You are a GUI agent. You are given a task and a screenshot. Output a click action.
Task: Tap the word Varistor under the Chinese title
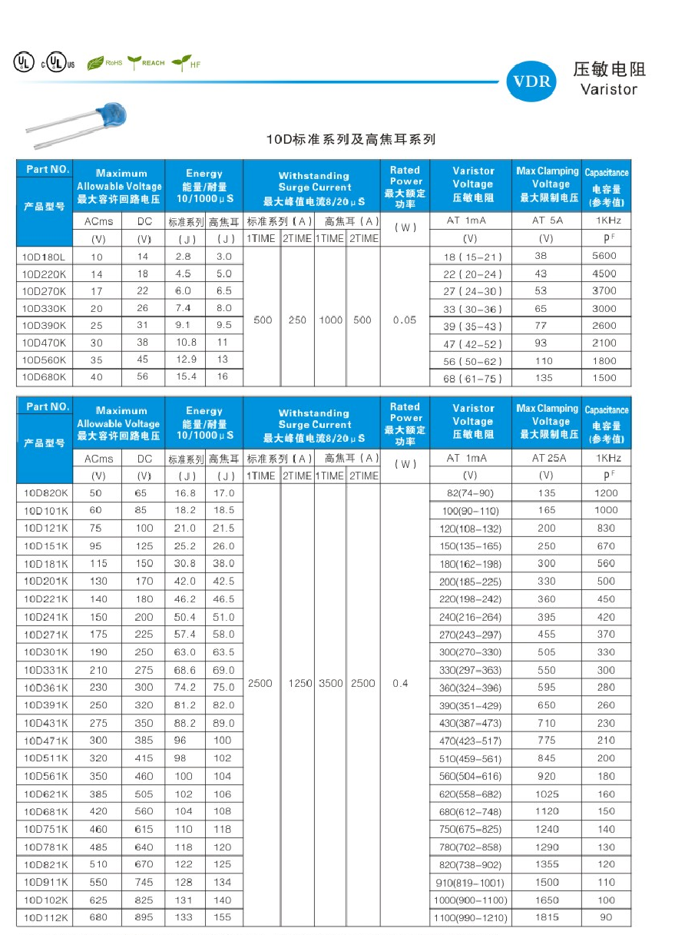coord(609,89)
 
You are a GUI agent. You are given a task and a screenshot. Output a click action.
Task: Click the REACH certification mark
coord(146,62)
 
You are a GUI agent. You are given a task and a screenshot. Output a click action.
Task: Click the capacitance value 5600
coord(605,256)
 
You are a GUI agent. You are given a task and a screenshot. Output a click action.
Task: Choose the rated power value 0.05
coord(405,320)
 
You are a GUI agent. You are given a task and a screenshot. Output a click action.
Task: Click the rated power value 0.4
coord(400,683)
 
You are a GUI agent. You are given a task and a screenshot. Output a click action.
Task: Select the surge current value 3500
coord(331,683)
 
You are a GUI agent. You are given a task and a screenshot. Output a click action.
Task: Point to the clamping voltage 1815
coord(548,917)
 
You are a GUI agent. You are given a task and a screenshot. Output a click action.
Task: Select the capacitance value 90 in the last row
coord(606,917)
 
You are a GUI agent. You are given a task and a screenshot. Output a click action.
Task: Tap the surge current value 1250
coord(296,683)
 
